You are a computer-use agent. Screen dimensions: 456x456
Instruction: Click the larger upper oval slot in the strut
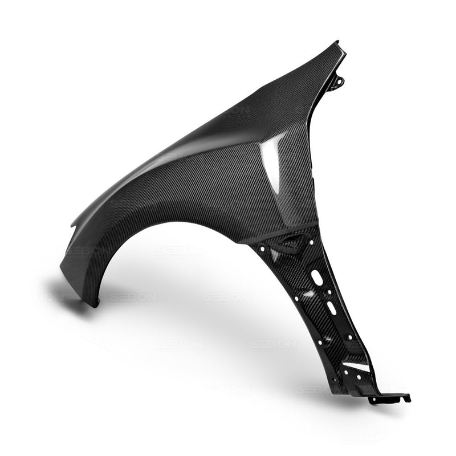coord(317,278)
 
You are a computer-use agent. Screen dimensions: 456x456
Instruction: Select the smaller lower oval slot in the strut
coord(331,308)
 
